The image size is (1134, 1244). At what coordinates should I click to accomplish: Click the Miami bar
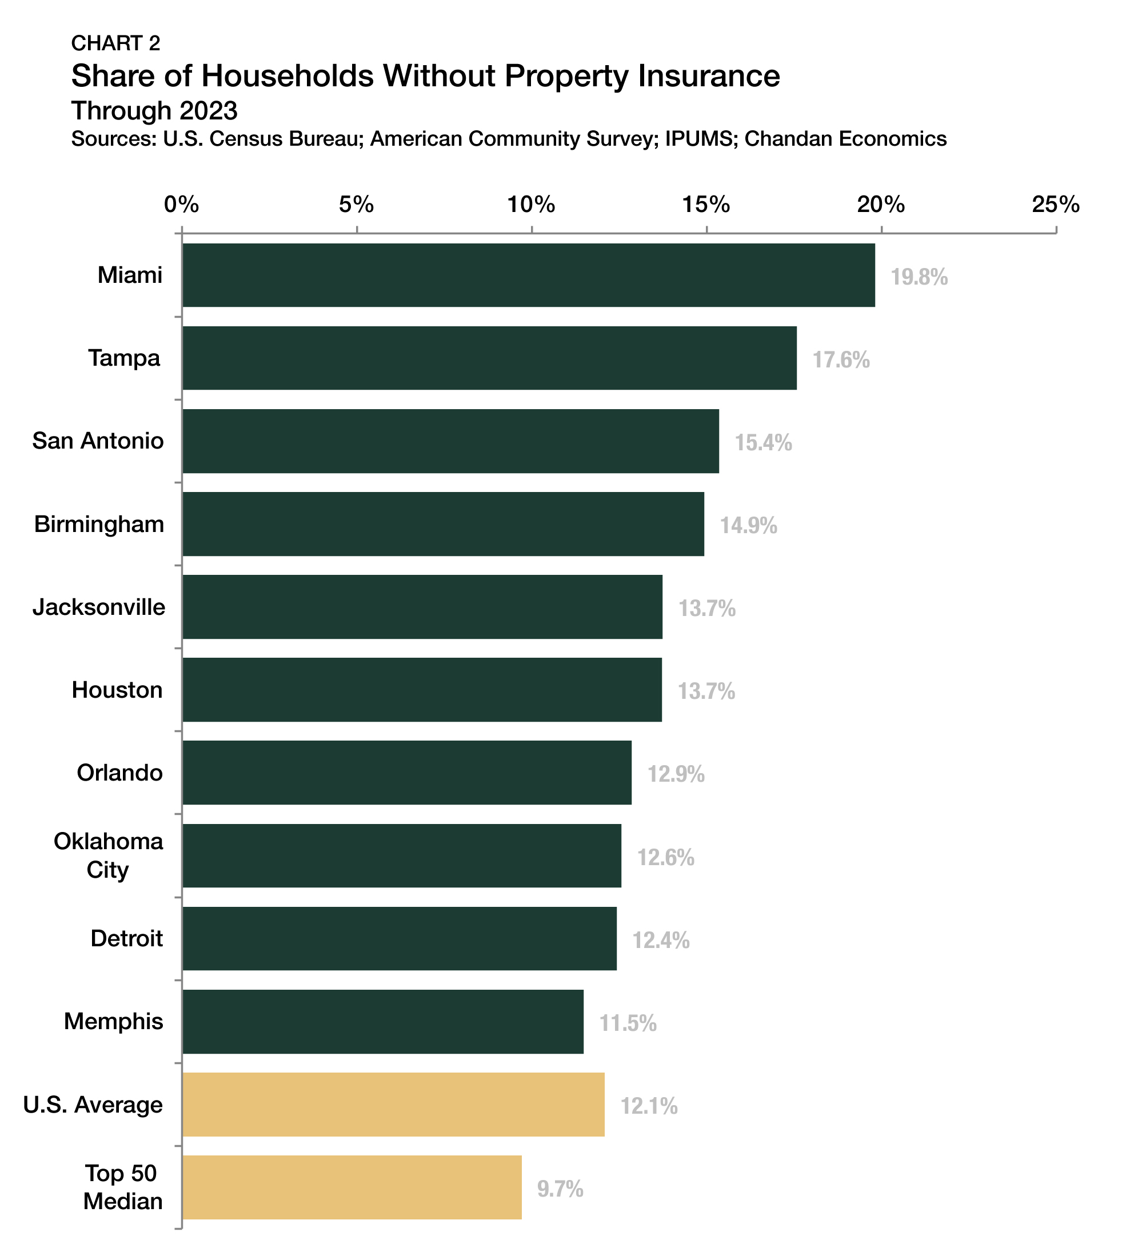tap(528, 275)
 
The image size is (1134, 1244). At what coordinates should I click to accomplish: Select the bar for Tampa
tap(489, 358)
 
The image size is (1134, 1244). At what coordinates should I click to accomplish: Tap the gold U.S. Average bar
tap(393, 1105)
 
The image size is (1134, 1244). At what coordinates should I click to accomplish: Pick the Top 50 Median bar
tap(352, 1187)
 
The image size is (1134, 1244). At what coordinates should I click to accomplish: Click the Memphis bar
tap(383, 1022)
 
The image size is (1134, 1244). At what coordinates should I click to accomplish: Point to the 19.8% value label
tap(919, 277)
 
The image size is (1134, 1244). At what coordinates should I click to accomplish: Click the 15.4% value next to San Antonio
tap(763, 443)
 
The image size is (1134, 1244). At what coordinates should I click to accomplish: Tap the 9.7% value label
tap(560, 1189)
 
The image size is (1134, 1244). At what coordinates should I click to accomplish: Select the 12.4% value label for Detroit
tap(661, 941)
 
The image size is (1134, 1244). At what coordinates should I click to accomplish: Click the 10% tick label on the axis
tap(531, 204)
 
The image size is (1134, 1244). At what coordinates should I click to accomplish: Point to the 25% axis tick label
tap(1056, 204)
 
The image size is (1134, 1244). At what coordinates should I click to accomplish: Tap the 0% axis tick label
tap(182, 204)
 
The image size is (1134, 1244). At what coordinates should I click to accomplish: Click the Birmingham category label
tap(99, 524)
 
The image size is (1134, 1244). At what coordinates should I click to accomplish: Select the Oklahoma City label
tap(108, 855)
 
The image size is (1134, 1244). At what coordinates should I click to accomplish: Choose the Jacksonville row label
tap(99, 607)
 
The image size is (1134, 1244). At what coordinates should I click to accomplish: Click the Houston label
tap(117, 690)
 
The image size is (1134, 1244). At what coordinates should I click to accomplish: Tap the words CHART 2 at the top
tap(115, 43)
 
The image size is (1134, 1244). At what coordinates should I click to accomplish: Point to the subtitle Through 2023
tap(154, 111)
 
